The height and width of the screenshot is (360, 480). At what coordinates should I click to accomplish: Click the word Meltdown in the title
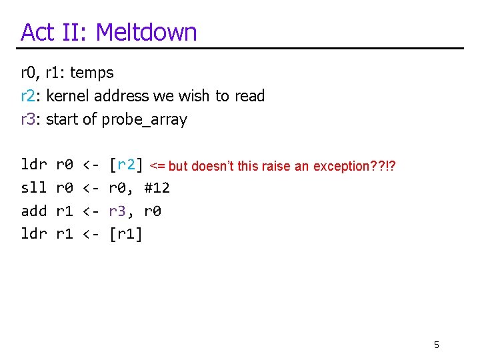pyautogui.click(x=147, y=32)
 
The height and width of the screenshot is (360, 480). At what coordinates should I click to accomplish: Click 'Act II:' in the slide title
pyautogui.click(x=55, y=32)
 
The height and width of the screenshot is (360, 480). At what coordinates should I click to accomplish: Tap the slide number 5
pyautogui.click(x=437, y=345)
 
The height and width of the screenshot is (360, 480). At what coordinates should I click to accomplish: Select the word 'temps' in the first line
pyautogui.click(x=92, y=73)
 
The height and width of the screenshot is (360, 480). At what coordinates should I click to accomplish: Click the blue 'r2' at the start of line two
pyautogui.click(x=29, y=96)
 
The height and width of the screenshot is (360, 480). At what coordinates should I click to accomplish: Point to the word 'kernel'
pyautogui.click(x=69, y=96)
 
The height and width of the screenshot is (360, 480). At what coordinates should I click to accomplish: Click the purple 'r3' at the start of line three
pyautogui.click(x=29, y=119)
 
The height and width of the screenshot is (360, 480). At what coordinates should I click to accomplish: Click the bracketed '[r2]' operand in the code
pyautogui.click(x=127, y=165)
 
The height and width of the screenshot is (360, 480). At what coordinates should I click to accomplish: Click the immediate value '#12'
pyautogui.click(x=157, y=188)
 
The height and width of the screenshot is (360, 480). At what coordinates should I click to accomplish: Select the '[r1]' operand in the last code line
pyautogui.click(x=126, y=234)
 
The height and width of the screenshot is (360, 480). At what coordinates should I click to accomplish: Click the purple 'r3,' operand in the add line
pyautogui.click(x=121, y=211)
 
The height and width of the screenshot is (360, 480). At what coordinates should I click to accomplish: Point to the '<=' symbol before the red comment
pyautogui.click(x=158, y=166)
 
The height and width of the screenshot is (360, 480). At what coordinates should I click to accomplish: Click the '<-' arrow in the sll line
pyautogui.click(x=91, y=188)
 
